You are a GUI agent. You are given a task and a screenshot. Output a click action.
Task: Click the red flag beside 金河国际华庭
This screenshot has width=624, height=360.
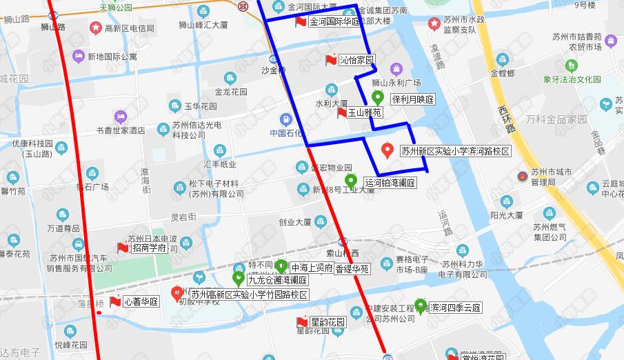coord(301,21)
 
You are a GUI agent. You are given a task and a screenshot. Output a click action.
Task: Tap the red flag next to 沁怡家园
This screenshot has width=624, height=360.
coord(331,60)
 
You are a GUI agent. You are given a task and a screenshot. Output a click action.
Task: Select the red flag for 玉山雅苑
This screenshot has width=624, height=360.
coord(342,112)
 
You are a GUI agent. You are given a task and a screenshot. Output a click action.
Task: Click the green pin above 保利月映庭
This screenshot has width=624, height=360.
coord(377,97)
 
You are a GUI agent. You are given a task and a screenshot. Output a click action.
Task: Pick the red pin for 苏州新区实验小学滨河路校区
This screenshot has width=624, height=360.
coord(388,150)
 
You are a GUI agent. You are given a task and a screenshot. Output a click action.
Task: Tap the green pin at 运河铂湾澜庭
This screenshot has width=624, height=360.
coord(351,181)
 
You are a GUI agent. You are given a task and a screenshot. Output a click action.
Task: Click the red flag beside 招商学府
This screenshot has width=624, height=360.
coord(123,248)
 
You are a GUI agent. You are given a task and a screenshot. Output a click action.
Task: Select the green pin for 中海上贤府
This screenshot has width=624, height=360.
coord(281,266)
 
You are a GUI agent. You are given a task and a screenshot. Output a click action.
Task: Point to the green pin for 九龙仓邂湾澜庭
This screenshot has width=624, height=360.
coord(238,279)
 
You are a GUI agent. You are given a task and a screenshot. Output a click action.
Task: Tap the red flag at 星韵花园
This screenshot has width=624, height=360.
coord(301,322)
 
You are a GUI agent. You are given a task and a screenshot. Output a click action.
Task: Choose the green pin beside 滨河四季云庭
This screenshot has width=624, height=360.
coord(420,306)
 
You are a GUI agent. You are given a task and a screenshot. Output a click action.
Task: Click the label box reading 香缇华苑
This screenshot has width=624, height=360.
coord(352,269)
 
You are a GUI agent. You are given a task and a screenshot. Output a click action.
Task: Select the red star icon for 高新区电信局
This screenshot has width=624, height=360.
coord(94,28)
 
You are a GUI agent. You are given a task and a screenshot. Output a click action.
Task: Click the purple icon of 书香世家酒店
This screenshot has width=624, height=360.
coord(121,116)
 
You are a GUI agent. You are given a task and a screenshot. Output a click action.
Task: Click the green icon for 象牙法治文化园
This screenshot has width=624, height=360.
coord(571,66)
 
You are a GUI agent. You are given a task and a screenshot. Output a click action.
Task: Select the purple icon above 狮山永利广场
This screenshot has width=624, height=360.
coord(396,69)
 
